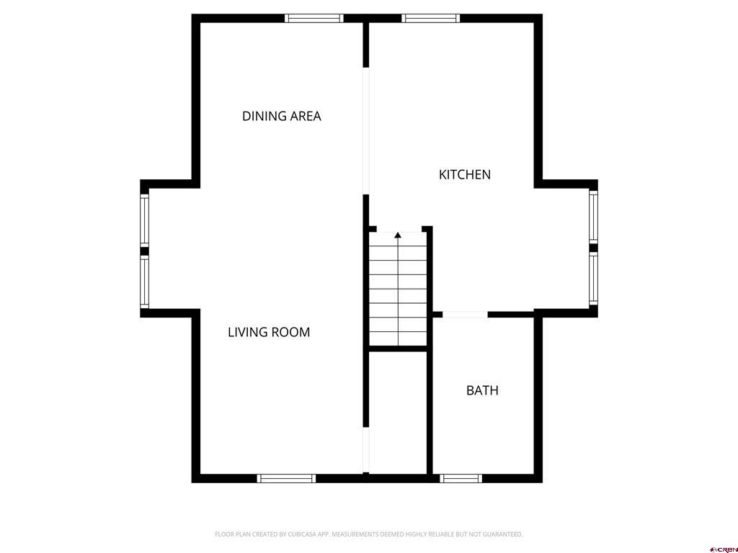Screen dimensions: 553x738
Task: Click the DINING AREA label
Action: [281, 116]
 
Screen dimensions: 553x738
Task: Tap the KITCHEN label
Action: [465, 174]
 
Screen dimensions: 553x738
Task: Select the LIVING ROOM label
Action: [269, 332]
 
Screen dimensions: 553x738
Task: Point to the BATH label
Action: [482, 390]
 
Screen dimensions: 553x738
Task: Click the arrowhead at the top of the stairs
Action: [398, 235]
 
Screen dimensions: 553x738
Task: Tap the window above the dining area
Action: [314, 18]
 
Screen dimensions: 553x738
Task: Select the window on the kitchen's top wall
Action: [430, 18]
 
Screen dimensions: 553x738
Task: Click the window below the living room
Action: [286, 478]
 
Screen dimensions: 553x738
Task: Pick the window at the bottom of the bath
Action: [461, 478]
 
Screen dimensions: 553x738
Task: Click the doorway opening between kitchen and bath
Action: [465, 315]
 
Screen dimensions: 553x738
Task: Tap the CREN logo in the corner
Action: [724, 549]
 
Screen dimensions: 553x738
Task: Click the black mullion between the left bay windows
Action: [144, 251]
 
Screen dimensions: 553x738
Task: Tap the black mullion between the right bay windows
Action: [593, 248]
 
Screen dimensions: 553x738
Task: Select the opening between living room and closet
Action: [365, 450]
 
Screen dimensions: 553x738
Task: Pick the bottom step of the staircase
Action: [398, 338]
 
